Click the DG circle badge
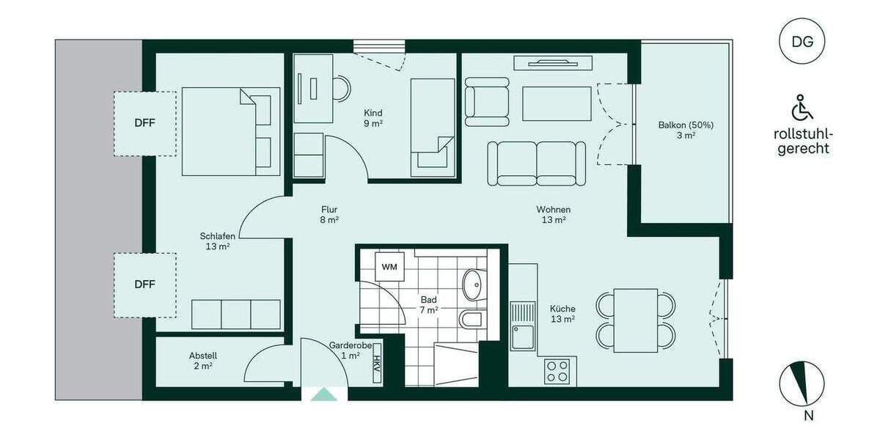[x=802, y=41]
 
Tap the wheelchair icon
[x=802, y=108]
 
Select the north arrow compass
[x=802, y=384]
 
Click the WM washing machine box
[x=389, y=266]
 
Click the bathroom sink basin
[x=474, y=282]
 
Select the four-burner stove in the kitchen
[x=560, y=370]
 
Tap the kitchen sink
[x=524, y=327]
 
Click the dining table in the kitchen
[x=636, y=320]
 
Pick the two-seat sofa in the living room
[x=537, y=163]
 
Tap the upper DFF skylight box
[x=144, y=123]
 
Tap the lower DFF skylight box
[x=144, y=285]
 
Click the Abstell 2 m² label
[x=202, y=360]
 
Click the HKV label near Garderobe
[x=377, y=364]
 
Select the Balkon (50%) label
[x=686, y=130]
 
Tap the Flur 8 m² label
[x=329, y=213]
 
